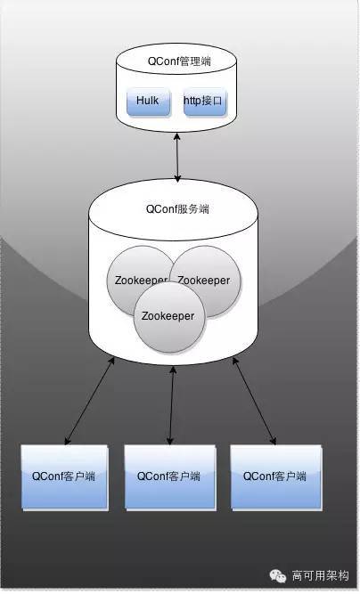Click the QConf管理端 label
click(x=179, y=61)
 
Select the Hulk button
click(x=148, y=102)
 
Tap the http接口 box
click(x=205, y=102)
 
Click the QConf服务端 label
click(x=177, y=208)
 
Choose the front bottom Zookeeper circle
click(x=169, y=317)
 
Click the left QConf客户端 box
click(x=65, y=477)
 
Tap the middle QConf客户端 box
click(x=170, y=477)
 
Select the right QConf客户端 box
click(x=276, y=477)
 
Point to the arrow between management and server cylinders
click(x=177, y=158)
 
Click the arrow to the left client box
click(x=89, y=401)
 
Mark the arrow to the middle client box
click(x=171, y=405)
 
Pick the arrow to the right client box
click(x=254, y=401)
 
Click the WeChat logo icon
click(x=277, y=576)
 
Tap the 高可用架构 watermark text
click(x=320, y=576)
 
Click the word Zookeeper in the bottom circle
click(x=168, y=316)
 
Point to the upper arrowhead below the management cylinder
click(x=176, y=136)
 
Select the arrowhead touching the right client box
click(x=273, y=441)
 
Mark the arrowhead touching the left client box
click(x=67, y=441)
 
